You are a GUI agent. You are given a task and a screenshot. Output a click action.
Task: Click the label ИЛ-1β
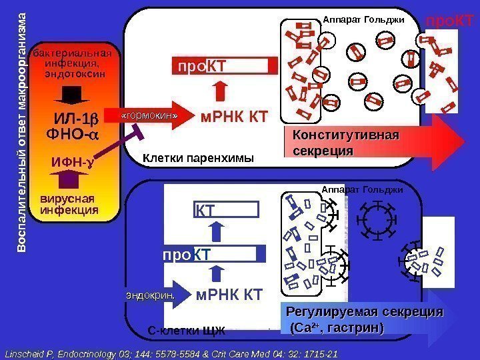[75, 120]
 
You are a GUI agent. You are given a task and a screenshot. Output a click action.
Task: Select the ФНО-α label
[72, 135]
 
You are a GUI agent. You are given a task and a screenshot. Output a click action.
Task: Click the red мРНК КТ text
[234, 118]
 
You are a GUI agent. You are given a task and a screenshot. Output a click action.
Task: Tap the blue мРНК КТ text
[229, 295]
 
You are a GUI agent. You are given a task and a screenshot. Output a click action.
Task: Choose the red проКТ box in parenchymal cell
[225, 66]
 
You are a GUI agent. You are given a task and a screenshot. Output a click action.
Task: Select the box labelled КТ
[226, 211]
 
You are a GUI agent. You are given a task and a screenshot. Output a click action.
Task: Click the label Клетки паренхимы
[199, 159]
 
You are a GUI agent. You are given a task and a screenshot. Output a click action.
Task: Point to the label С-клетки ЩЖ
[186, 330]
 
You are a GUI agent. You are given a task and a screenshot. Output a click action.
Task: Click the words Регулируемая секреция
[364, 319]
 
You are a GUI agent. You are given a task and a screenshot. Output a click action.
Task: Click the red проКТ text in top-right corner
[449, 21]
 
